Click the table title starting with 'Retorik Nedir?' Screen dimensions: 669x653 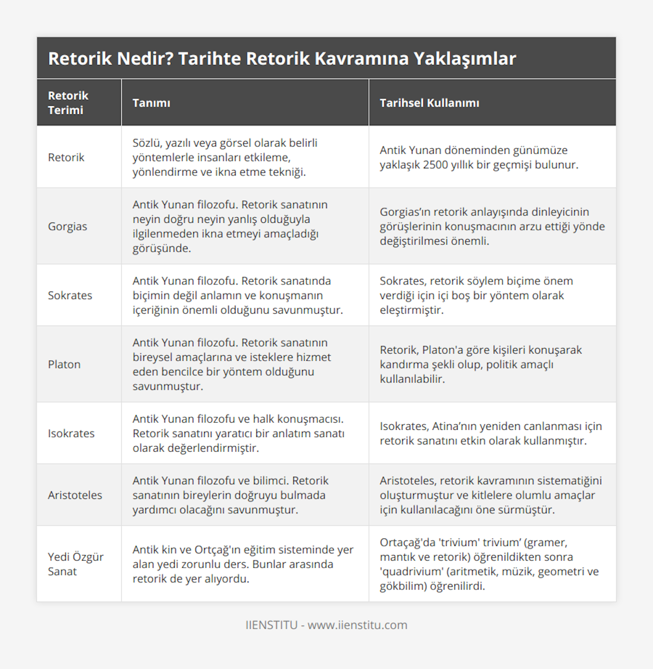[x=282, y=58]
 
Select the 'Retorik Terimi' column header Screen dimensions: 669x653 [x=68, y=102]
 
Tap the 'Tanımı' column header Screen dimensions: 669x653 [x=151, y=103]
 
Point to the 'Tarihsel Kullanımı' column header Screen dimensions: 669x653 [x=429, y=103]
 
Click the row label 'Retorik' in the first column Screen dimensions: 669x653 [x=66, y=157]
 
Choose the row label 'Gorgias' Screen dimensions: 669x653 [x=67, y=226]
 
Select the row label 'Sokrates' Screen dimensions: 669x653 [x=70, y=295]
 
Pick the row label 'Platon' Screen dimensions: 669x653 [x=64, y=364]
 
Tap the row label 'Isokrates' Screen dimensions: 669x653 [x=71, y=433]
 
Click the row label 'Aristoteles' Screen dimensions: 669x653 [x=75, y=495]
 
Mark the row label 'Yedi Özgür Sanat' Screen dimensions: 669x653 [x=76, y=564]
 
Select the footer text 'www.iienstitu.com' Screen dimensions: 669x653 [x=358, y=625]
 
